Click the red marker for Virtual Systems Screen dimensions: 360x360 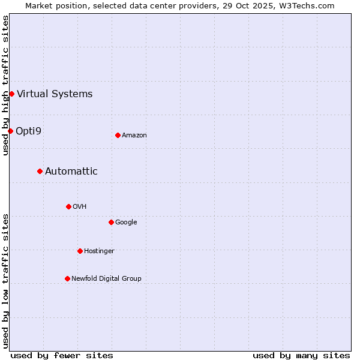click(11, 94)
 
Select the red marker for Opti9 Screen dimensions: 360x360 click(10, 131)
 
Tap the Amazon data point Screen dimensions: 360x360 click(118, 135)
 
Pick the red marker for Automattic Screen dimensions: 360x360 click(40, 171)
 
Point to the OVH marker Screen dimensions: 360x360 click(68, 206)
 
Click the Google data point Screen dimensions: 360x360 click(111, 222)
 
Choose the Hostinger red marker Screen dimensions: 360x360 click(80, 251)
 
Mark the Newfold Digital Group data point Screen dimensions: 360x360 click(67, 278)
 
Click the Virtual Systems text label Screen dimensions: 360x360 click(55, 94)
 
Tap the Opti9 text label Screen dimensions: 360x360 click(28, 131)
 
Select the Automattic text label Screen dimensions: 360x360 click(71, 171)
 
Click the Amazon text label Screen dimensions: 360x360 click(134, 135)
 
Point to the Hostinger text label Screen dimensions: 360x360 click(99, 251)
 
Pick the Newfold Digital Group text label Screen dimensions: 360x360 click(106, 278)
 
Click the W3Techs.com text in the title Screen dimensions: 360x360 click(309, 5)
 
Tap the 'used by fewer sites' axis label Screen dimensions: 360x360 click(62, 355)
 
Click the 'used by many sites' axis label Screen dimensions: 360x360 click(301, 355)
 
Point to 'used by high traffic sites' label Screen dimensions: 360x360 click(5, 85)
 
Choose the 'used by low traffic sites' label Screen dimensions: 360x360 click(5, 281)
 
